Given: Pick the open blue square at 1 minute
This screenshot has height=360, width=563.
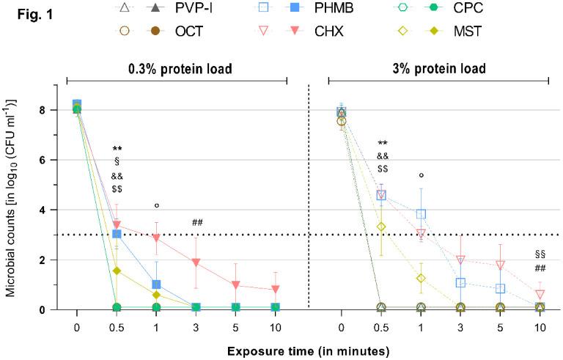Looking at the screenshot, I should (421, 214).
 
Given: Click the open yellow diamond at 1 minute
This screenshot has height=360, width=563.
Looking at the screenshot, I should (421, 279).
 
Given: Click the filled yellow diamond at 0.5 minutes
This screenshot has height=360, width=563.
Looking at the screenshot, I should (116, 271).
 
